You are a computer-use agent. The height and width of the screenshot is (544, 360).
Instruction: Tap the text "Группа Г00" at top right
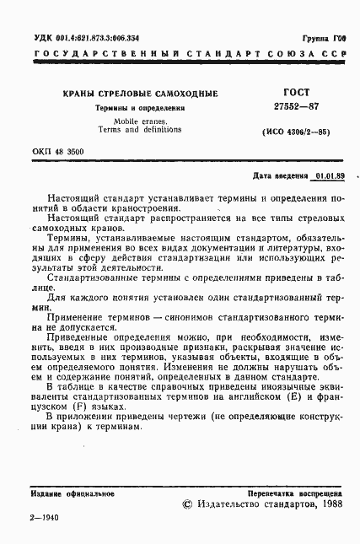[324, 40]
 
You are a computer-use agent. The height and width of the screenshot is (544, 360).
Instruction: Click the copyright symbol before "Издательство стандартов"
[187, 504]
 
